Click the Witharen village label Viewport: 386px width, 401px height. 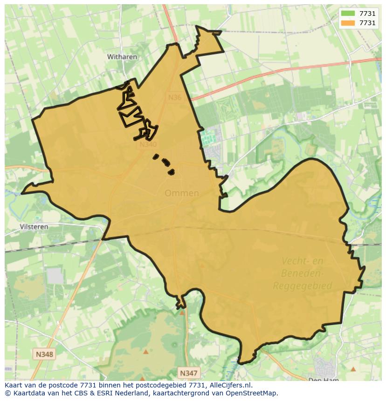pyautogui.click(x=122, y=57)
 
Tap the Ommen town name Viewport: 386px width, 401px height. pyautogui.click(x=181, y=193)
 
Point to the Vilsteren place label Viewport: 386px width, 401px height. pyautogui.click(x=34, y=227)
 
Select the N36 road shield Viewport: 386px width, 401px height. pyautogui.click(x=174, y=97)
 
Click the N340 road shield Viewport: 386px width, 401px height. pyautogui.click(x=148, y=144)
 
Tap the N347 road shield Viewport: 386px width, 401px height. pyautogui.click(x=188, y=373)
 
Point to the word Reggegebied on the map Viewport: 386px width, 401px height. pyautogui.click(x=302, y=285)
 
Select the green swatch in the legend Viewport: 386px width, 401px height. pyautogui.click(x=348, y=14)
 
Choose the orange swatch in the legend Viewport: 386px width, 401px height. pyautogui.click(x=348, y=23)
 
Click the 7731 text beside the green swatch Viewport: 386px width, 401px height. pyautogui.click(x=367, y=14)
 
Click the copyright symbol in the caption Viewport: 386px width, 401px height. pyautogui.click(x=7, y=393)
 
